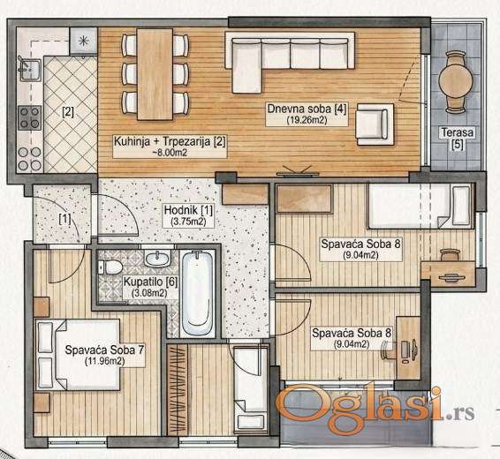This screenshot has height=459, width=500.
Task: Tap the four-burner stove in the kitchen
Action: [x=30, y=118]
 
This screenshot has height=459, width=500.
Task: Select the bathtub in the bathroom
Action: [x=198, y=293]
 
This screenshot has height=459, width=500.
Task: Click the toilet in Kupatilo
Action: [x=110, y=267]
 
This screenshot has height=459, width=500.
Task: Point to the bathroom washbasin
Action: [x=157, y=258]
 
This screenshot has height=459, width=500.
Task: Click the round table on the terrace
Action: [x=455, y=81]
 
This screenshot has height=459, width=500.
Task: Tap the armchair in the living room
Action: [x=375, y=124]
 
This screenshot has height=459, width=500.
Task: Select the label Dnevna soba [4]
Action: [x=307, y=109]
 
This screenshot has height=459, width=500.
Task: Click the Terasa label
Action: [x=458, y=132]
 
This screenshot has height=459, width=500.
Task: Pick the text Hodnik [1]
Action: [x=188, y=210]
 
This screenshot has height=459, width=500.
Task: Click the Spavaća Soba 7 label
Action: [x=105, y=350]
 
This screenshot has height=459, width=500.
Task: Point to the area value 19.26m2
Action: [x=307, y=120]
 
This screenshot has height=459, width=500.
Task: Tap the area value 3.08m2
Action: [x=149, y=293]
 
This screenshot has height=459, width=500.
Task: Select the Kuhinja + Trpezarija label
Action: [x=170, y=141]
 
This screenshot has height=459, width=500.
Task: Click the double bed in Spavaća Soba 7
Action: [x=78, y=355]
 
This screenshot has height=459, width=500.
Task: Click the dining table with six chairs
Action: [x=155, y=74]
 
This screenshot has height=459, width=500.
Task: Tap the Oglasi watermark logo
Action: [x=375, y=404]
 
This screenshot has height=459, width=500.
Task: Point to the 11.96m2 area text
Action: [x=105, y=361]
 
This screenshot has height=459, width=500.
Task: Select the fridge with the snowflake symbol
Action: [x=83, y=41]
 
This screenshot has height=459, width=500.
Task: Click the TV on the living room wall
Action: [x=298, y=171]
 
